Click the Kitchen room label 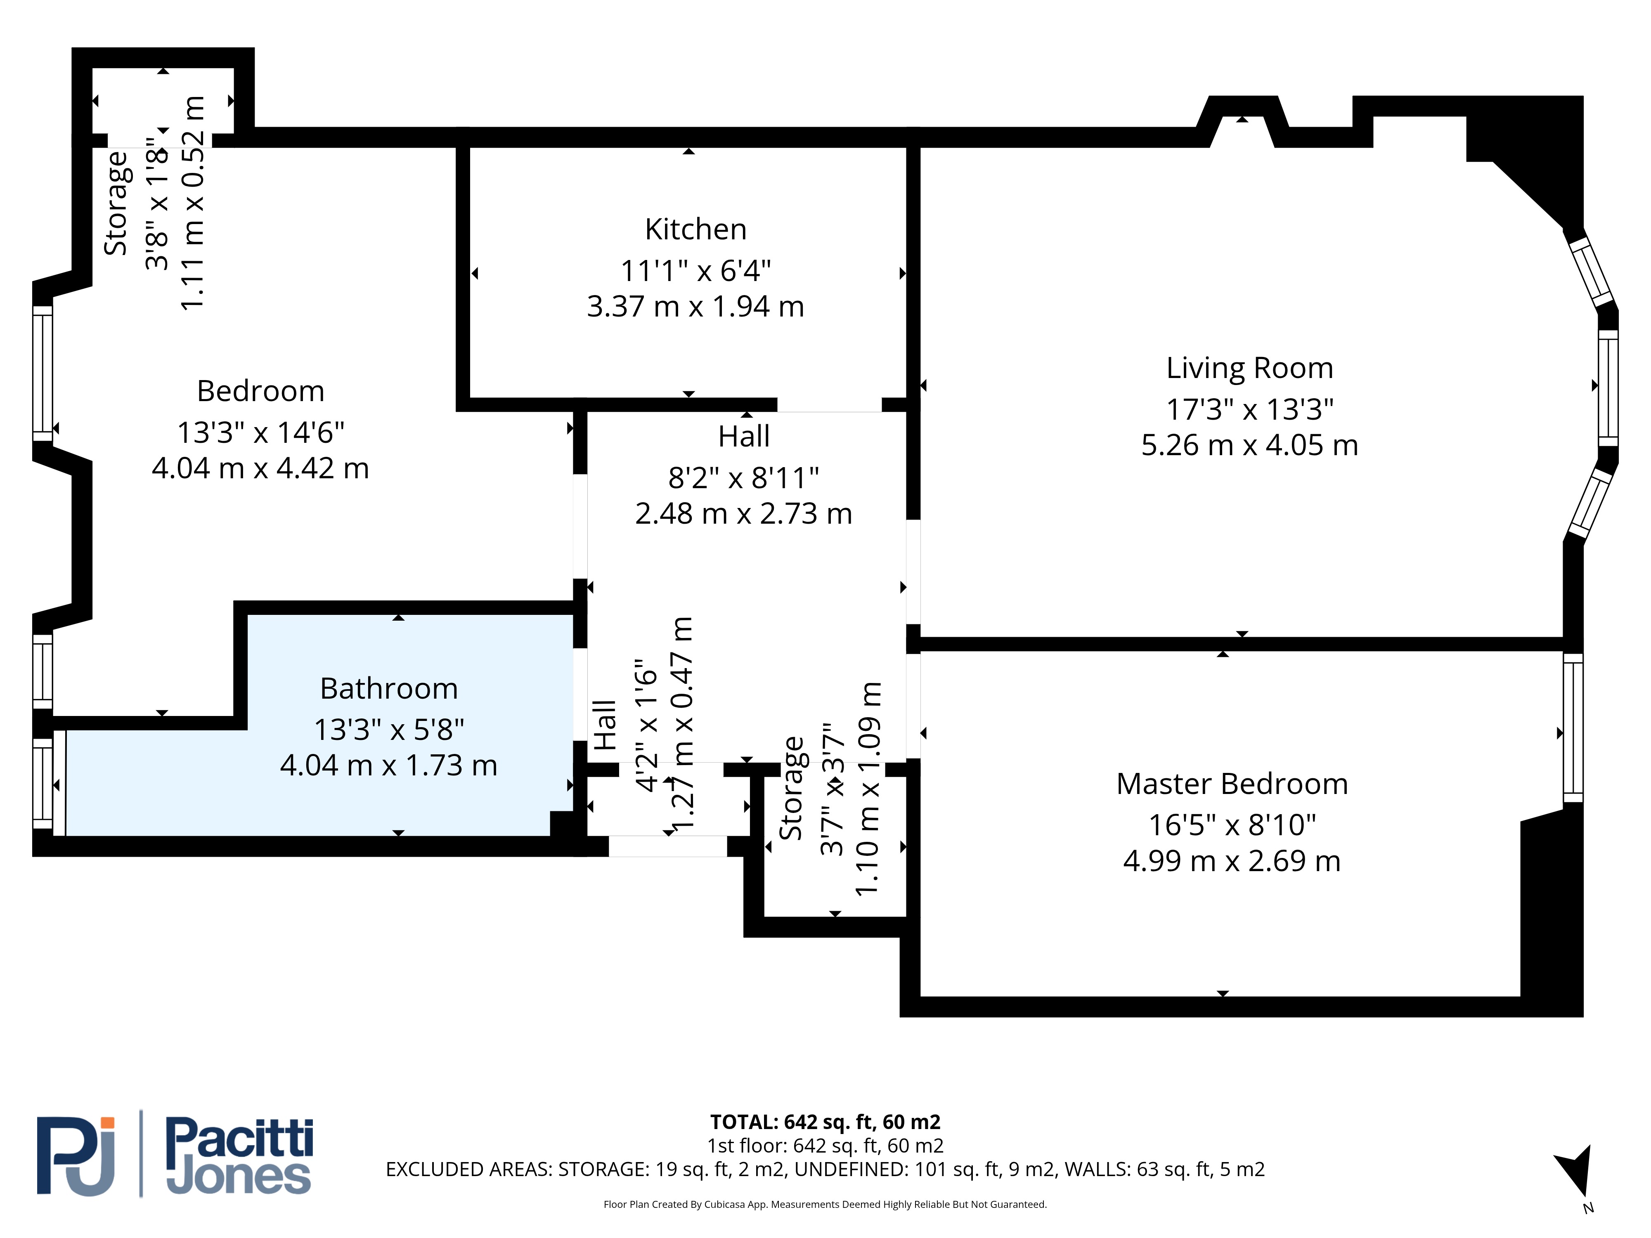point(695,229)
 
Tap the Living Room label point(1249,369)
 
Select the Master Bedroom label point(1232,784)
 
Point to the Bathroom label point(389,688)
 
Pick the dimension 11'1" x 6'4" point(695,270)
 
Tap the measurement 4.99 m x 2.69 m point(1232,861)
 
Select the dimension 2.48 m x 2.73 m point(743,513)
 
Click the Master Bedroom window point(1573,728)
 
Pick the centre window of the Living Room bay point(1608,388)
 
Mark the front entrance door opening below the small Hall point(668,846)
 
